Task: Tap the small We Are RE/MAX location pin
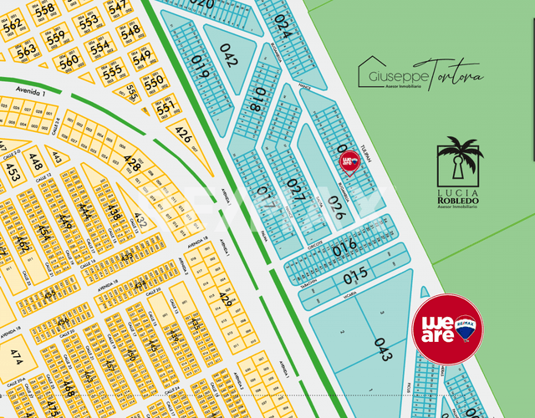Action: pos(349,161)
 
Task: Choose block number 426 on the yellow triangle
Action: pos(183,134)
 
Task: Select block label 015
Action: pos(355,273)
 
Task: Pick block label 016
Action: pos(344,247)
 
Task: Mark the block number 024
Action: pos(283,27)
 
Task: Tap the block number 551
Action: pos(166,107)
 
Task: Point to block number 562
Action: pos(12,26)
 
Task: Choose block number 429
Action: pos(225,298)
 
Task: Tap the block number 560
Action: pos(69,60)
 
